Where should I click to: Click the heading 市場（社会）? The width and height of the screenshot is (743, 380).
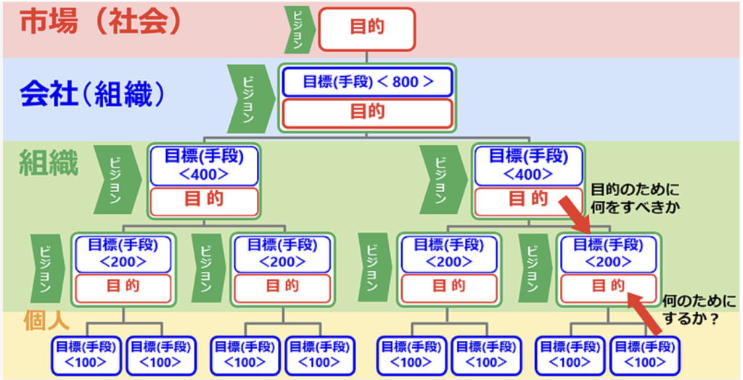[x=99, y=25]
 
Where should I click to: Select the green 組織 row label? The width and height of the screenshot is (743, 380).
[x=49, y=164]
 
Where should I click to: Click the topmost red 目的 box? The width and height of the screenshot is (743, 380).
[x=367, y=28]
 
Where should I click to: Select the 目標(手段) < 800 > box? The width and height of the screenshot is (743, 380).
[x=367, y=82]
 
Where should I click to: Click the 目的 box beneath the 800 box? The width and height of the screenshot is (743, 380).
[x=367, y=112]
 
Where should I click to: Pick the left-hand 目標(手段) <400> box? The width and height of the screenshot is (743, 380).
[x=204, y=165]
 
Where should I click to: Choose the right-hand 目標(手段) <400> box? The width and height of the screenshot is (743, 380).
[x=528, y=165]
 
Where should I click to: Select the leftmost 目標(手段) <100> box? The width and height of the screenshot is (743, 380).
[x=86, y=355]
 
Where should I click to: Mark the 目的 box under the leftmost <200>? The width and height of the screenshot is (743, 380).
[x=123, y=286]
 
